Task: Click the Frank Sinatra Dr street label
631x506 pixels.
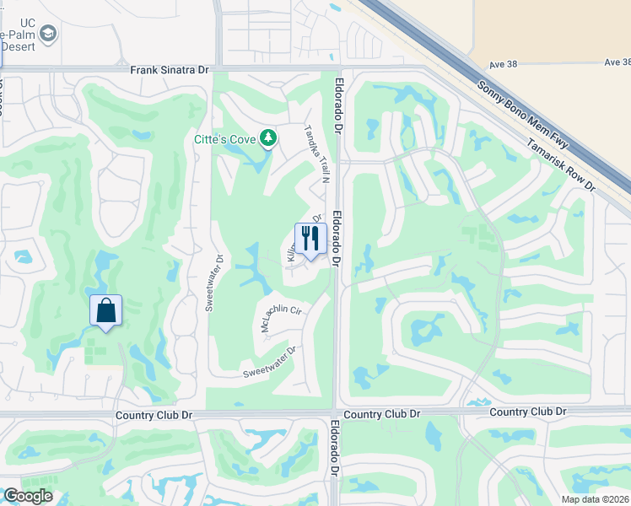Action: pyautogui.click(x=169, y=70)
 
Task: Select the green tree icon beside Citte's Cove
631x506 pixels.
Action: pyautogui.click(x=267, y=137)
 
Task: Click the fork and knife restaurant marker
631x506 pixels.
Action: pyautogui.click(x=310, y=239)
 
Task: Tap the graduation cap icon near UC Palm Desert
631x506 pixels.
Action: pyautogui.click(x=49, y=33)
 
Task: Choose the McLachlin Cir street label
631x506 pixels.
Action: pyautogui.click(x=282, y=318)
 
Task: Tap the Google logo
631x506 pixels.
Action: pyautogui.click(x=27, y=496)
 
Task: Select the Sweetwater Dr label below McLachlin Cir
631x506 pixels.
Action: pyautogui.click(x=270, y=362)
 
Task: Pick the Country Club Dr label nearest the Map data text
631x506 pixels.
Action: pyautogui.click(x=527, y=412)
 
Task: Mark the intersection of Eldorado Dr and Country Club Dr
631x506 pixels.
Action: pyautogui.click(x=336, y=412)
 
